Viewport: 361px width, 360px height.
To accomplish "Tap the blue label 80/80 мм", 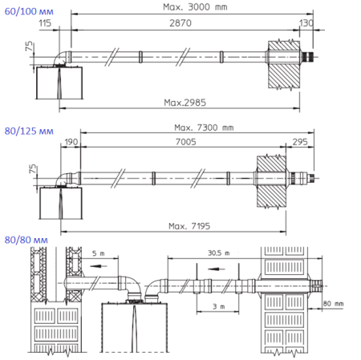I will pyautogui.click(x=26, y=240).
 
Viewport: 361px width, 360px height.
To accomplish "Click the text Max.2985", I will pyautogui.click(x=183, y=102).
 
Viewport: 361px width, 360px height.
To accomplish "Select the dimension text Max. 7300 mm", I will pyautogui.click(x=204, y=127).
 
